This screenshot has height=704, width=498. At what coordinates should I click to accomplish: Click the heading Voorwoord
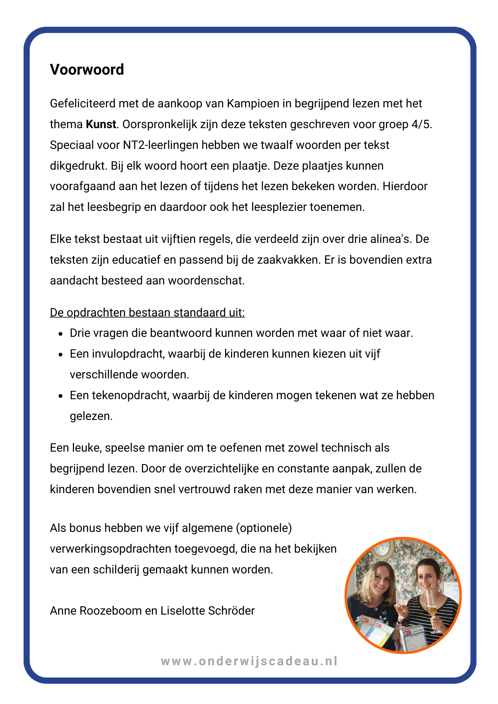(87, 70)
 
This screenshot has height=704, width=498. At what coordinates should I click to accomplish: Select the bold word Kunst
(101, 124)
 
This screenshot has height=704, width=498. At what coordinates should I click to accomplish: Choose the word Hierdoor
(405, 186)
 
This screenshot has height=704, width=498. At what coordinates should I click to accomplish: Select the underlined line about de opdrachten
(147, 313)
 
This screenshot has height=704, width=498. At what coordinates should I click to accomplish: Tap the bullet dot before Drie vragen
(61, 334)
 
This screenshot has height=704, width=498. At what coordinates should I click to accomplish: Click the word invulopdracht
(128, 354)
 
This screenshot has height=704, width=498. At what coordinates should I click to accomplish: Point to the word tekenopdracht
(130, 395)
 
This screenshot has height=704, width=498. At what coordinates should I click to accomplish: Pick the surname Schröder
(231, 611)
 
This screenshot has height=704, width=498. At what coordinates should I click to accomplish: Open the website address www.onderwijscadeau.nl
(249, 661)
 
